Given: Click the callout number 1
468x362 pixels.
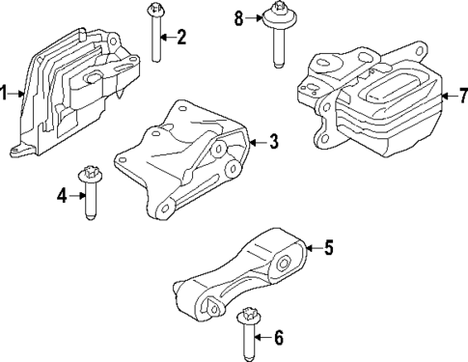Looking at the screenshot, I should point(5,93).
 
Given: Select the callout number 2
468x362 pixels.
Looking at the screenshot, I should point(181,38).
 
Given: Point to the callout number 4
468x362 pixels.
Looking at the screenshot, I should point(61,195).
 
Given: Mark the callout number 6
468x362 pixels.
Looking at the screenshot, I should point(279,338).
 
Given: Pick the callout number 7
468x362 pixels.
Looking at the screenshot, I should point(462,95).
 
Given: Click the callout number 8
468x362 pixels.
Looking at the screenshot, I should point(239,16).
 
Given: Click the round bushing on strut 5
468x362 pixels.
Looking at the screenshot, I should point(285,263).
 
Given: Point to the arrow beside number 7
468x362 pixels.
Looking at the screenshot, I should point(448,95).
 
